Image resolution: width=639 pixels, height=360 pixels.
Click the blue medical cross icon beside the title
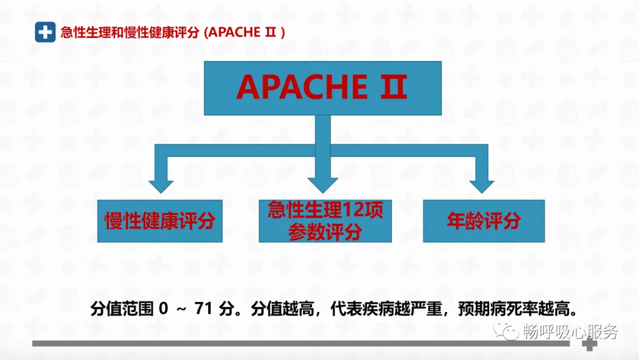click(x=45, y=31)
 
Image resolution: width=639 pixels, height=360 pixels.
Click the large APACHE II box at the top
click(x=322, y=88)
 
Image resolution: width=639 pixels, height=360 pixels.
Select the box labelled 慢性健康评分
click(x=160, y=221)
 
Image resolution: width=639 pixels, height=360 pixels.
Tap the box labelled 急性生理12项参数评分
click(x=325, y=221)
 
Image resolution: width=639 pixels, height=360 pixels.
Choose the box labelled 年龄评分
click(x=483, y=221)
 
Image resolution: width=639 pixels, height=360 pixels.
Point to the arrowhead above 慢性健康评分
click(x=160, y=185)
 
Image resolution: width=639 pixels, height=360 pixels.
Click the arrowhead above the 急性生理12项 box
click(x=322, y=185)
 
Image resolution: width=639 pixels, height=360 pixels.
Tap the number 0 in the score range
click(x=164, y=310)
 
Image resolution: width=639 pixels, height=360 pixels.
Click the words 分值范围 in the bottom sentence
click(x=121, y=310)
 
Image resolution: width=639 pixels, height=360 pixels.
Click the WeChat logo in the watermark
click(x=508, y=331)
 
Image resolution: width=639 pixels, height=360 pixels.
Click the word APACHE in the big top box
click(x=294, y=88)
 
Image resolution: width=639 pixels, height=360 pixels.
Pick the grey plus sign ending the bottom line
click(x=589, y=344)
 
